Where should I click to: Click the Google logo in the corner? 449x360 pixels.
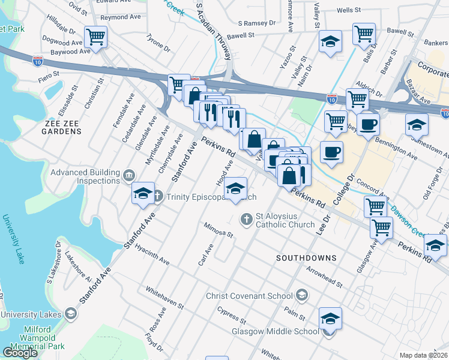pos(20,353)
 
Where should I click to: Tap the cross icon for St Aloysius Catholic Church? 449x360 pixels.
pos(246,220)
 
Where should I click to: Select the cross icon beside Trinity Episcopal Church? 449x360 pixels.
pos(158,196)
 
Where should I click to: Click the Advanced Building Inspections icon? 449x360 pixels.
pos(128,176)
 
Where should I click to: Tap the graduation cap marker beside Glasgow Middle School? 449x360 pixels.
pos(330,320)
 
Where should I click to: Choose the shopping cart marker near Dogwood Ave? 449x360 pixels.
pos(95,38)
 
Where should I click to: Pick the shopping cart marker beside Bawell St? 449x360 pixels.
pos(364,35)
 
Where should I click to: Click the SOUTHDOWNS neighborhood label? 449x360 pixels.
pos(306,257)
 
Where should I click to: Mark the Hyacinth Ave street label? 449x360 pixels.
pos(152,254)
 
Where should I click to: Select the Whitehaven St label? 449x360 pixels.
pos(164,298)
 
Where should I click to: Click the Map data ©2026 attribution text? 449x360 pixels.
pos(424,355)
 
